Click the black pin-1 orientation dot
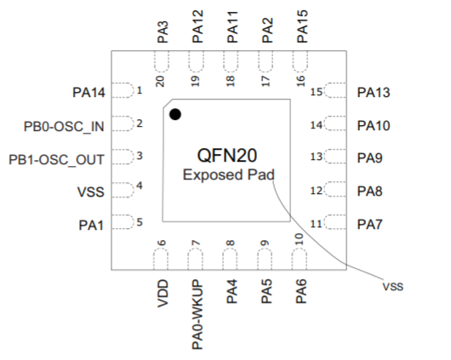(175, 114)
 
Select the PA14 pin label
(88, 93)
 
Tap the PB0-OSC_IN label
(64, 126)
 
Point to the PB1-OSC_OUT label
(56, 160)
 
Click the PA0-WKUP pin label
(197, 315)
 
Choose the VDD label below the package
(163, 294)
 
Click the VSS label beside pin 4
(90, 192)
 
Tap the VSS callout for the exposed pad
(393, 287)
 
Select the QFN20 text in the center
(227, 156)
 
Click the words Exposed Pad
(229, 174)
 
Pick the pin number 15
(316, 92)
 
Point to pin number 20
(160, 82)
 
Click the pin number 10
(300, 239)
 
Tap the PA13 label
(374, 93)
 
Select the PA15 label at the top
(302, 26)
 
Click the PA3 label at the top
(163, 32)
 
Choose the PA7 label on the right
(369, 225)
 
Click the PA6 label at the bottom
(301, 291)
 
